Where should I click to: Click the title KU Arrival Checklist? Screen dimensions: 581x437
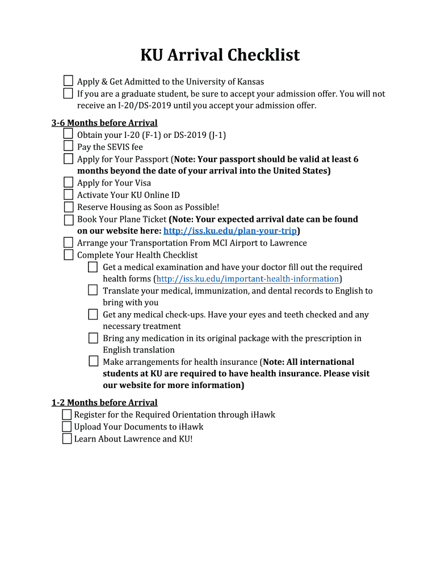[x=220, y=55]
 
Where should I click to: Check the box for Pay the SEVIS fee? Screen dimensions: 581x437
[x=68, y=146]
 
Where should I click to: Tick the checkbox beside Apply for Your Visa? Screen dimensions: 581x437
[x=68, y=182]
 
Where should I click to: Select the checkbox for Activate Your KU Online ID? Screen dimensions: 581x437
[x=68, y=195]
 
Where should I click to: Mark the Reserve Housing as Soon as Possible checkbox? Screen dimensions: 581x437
[x=68, y=207]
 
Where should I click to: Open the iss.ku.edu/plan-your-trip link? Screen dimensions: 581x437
[x=230, y=231]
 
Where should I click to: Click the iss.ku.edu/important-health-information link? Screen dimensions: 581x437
[x=247, y=279]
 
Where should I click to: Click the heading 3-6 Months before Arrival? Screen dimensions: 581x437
[x=104, y=123]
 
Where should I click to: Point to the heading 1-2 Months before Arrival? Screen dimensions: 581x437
[x=104, y=402]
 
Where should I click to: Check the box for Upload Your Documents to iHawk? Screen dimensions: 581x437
[x=67, y=426]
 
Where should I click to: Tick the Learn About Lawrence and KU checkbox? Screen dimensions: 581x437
[x=67, y=438]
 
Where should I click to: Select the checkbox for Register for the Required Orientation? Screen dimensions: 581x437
[x=67, y=414]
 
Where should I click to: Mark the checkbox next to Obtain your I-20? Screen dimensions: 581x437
[x=68, y=134]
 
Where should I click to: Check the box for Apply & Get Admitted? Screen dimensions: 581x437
[x=68, y=81]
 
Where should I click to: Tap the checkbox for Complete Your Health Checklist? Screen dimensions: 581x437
[x=68, y=254]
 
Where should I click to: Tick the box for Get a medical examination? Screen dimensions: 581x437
[x=94, y=266]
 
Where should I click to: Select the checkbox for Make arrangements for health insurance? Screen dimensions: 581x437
[x=94, y=361]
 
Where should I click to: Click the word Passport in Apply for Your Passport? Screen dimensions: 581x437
[x=151, y=159]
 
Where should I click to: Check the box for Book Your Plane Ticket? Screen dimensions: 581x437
[x=68, y=219]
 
